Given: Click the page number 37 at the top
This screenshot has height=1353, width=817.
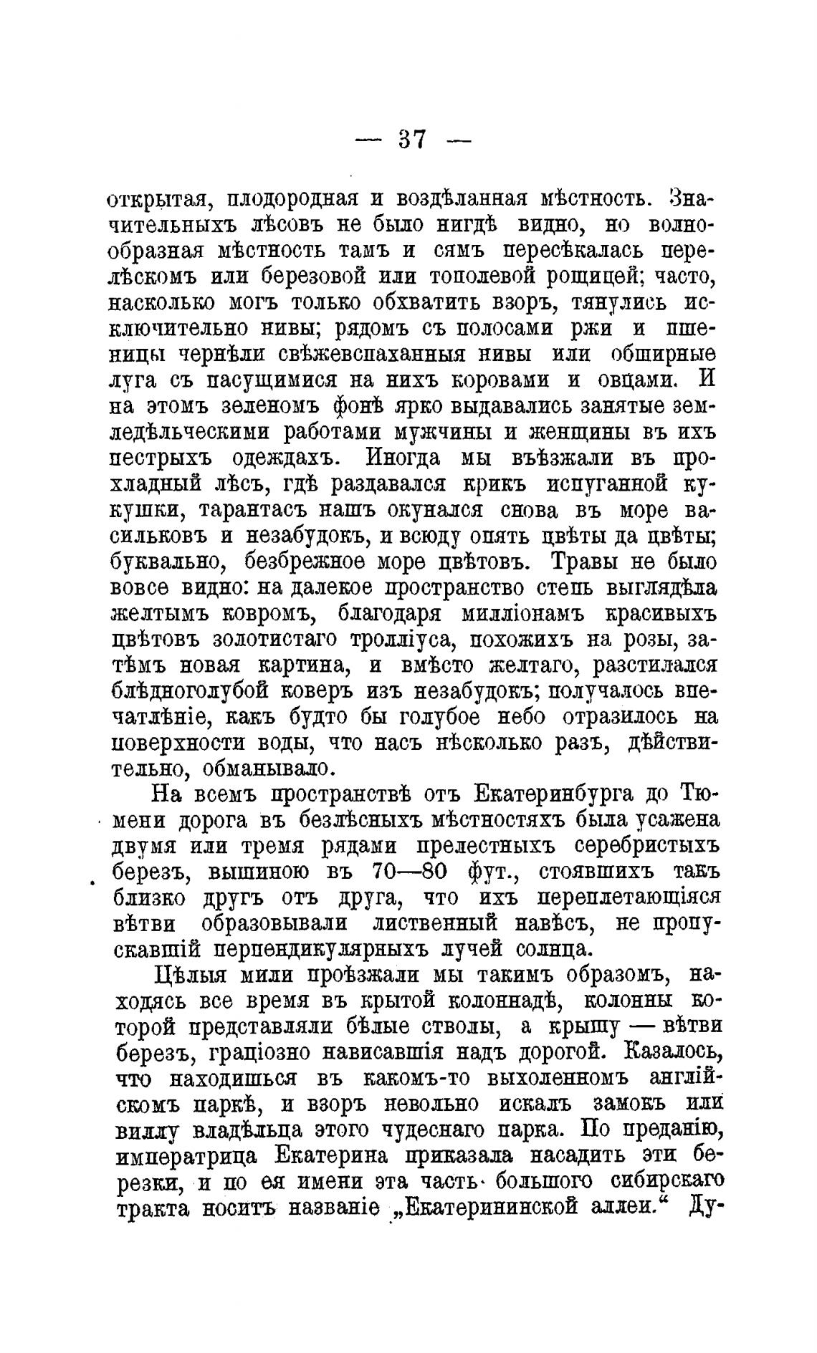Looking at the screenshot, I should (412, 138).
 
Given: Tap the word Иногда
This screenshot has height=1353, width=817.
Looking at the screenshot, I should (413, 459).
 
